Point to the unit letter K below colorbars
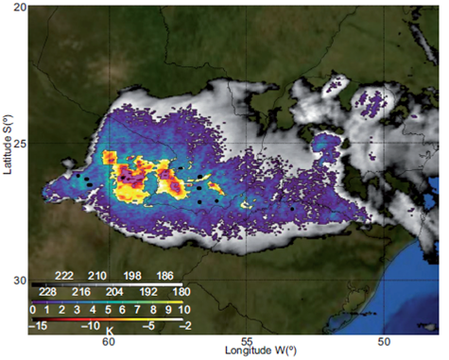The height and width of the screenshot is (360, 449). [x=111, y=332]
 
